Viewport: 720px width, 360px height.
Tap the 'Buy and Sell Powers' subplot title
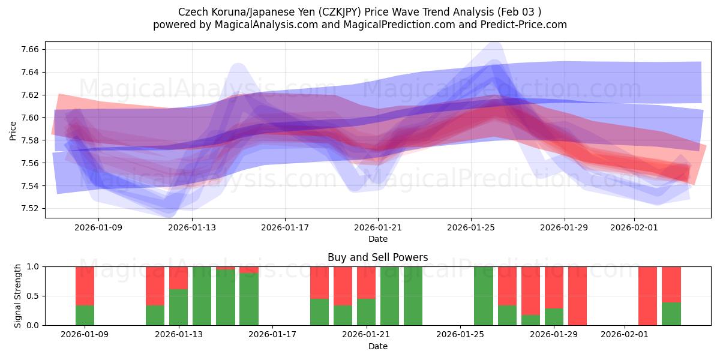pos(377,257)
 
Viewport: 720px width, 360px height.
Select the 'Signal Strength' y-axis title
pos(18,296)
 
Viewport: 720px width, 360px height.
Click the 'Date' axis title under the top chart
pos(377,239)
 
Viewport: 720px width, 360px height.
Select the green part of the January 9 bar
pos(85,315)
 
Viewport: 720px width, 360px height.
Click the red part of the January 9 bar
pos(85,286)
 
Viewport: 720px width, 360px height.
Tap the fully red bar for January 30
pos(577,296)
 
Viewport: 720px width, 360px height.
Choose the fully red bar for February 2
pos(648,296)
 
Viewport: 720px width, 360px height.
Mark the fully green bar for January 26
pos(484,296)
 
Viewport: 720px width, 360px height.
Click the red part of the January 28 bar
pos(530,290)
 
